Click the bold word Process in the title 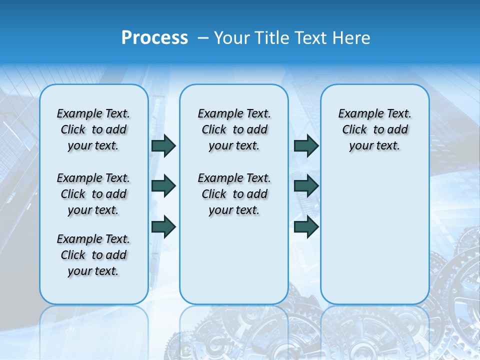point(154,38)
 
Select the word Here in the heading point(351,38)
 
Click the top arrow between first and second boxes point(163,145)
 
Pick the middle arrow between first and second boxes point(163,186)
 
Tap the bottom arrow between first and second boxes point(163,226)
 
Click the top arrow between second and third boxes point(306,145)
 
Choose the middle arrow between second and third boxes point(306,186)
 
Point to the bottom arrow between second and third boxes point(306,226)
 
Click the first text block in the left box point(93,129)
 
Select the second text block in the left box point(93,194)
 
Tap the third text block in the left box point(93,255)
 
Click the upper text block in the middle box point(234,129)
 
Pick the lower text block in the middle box point(234,194)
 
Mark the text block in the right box point(375,129)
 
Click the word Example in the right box point(356,113)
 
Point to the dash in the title point(203,38)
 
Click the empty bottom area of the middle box point(234,265)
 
